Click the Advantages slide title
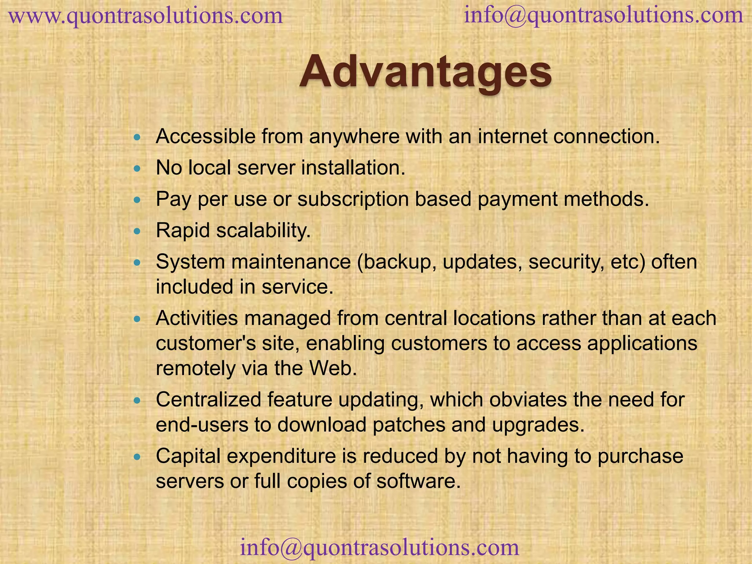[425, 72]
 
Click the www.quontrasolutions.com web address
[146, 16]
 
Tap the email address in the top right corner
[603, 15]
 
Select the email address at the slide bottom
[379, 547]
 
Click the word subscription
[353, 199]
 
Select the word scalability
[263, 231]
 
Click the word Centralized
[208, 399]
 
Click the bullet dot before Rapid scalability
[137, 231]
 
